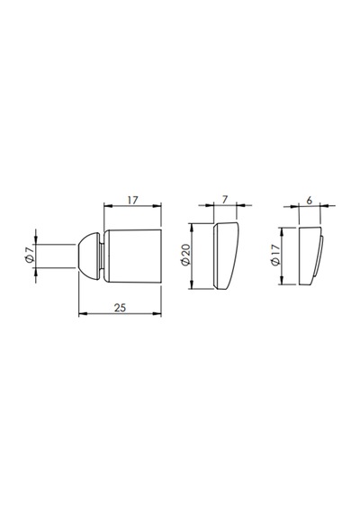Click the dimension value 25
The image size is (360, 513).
point(120,308)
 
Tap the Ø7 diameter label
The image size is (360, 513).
point(30,256)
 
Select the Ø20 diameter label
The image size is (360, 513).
point(184,256)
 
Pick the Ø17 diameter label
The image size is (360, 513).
point(275,255)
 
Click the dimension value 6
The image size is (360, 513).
point(310,201)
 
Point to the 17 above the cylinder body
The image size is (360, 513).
point(132,200)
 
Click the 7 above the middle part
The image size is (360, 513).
point(224,200)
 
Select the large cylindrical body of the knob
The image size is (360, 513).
point(133,256)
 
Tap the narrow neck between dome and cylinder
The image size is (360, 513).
point(102,256)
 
